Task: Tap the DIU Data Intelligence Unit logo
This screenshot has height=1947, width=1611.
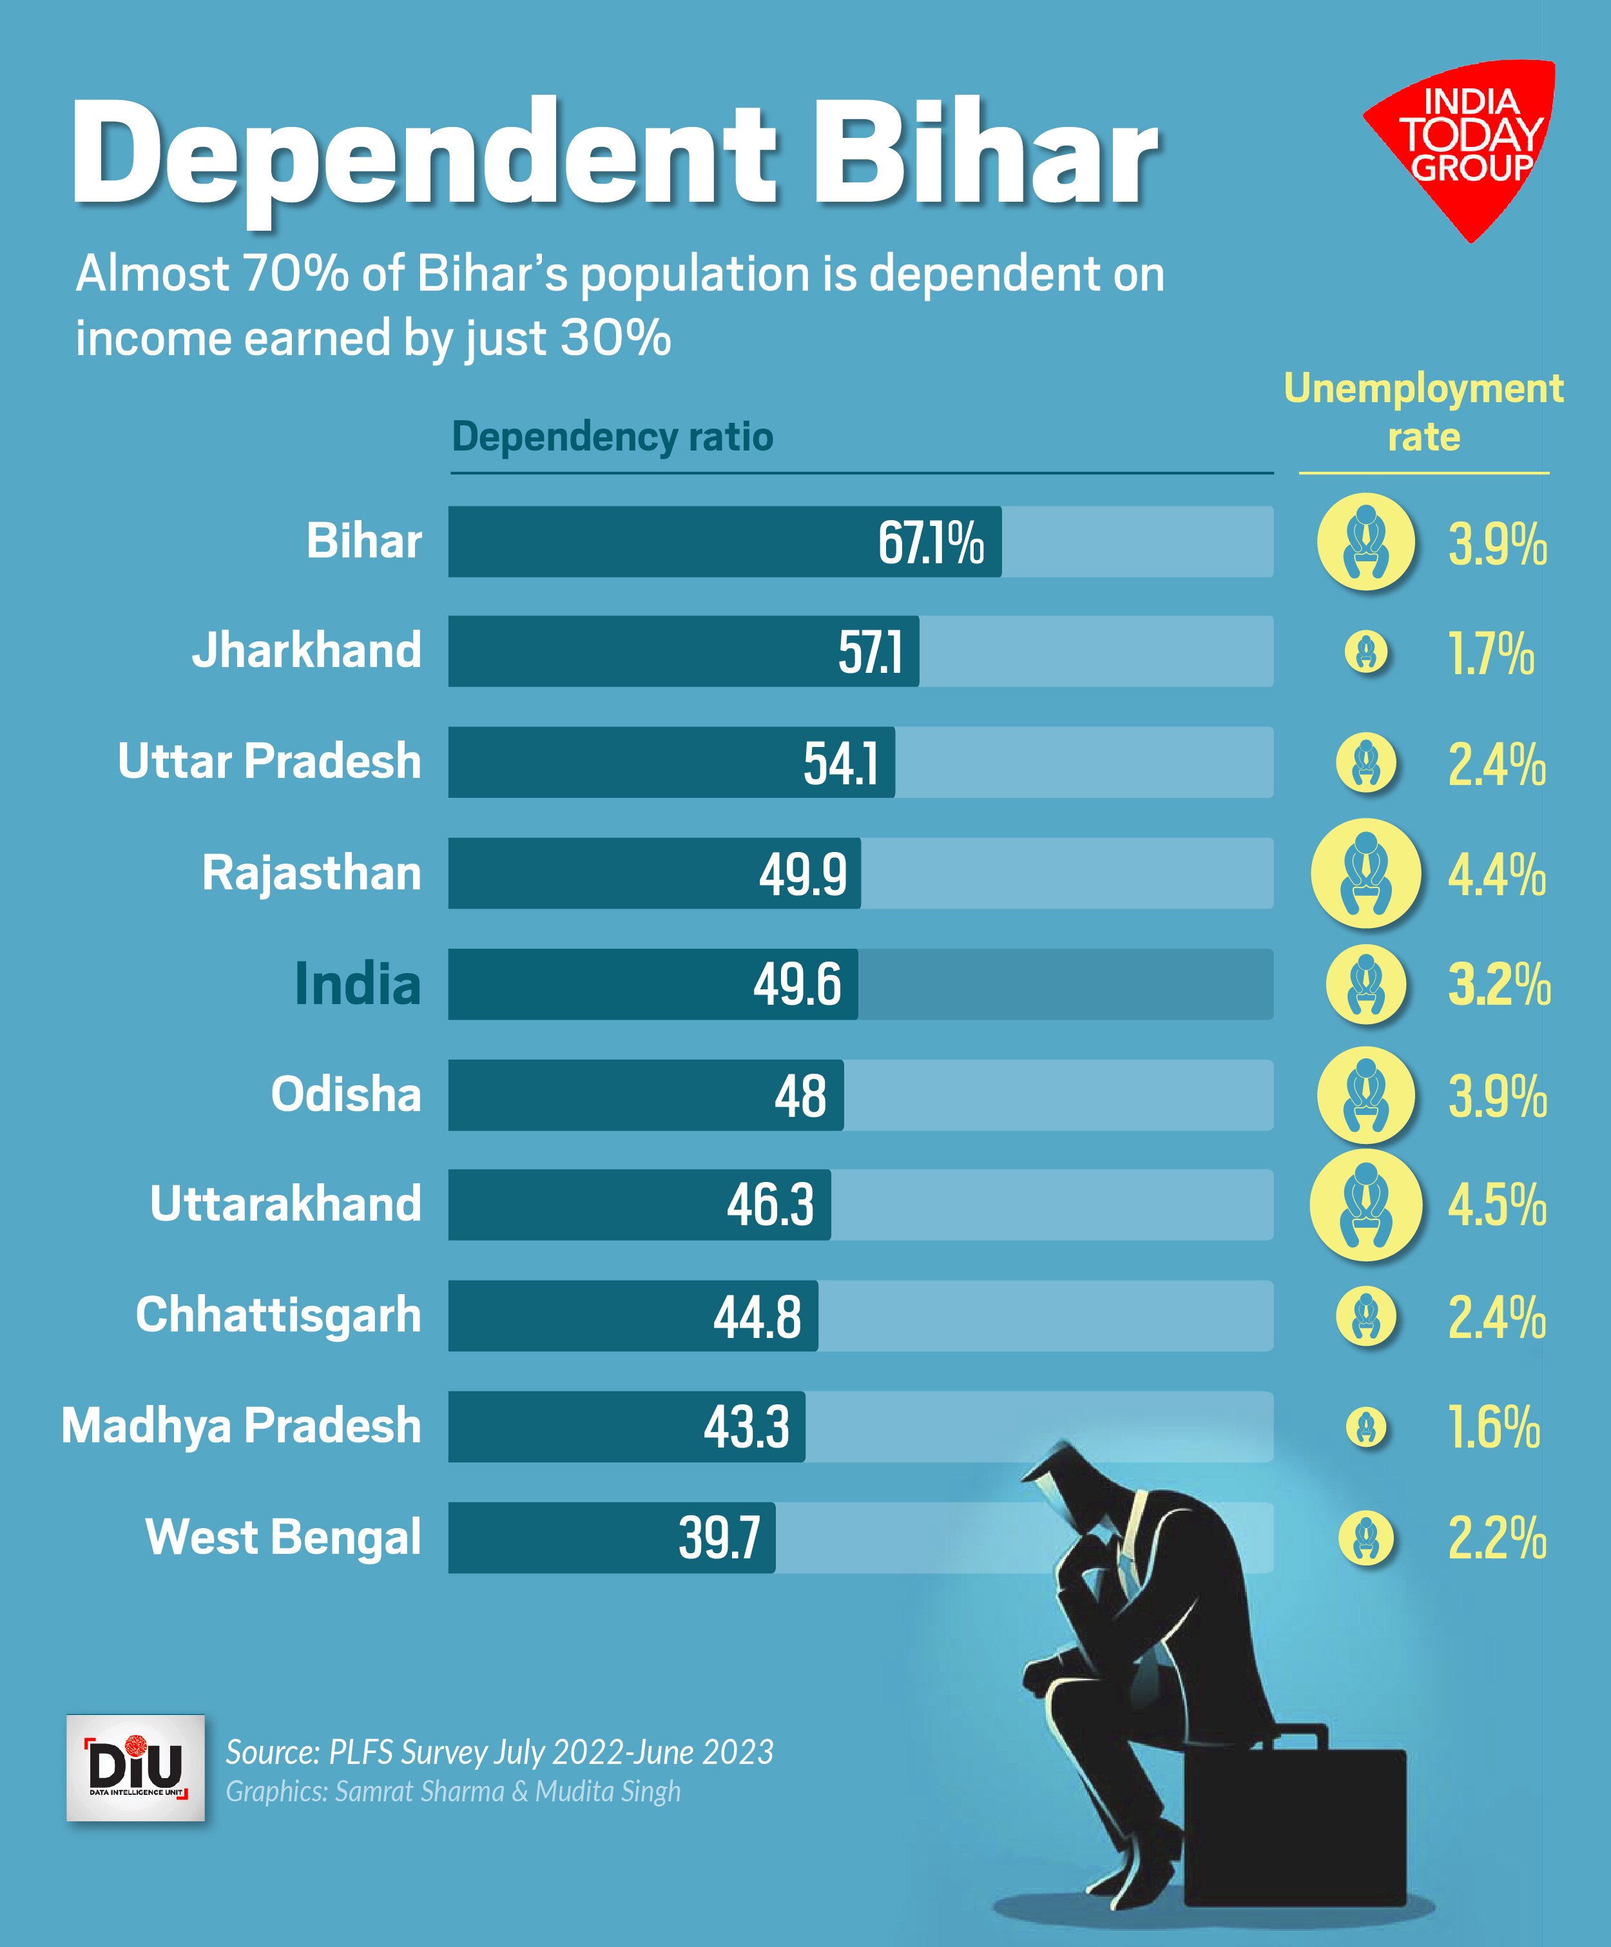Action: point(135,1768)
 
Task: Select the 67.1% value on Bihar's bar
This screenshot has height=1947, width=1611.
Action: point(931,543)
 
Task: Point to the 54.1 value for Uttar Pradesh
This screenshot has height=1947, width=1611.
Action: point(840,763)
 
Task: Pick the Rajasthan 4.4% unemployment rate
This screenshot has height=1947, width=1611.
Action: point(1497,875)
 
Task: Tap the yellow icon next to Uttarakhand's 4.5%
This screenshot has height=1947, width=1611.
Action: point(1365,1205)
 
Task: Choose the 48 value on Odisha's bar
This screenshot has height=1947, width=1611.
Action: point(800,1095)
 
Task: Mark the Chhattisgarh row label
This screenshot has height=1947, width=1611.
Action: point(278,1315)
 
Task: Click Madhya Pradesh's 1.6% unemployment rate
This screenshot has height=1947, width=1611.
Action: point(1493,1427)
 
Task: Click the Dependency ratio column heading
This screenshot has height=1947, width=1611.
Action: point(612,437)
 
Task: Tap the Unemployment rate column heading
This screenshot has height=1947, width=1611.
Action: point(1423,412)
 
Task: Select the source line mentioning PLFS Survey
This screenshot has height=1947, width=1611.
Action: point(499,1751)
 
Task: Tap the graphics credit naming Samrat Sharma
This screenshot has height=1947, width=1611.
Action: point(453,1791)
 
